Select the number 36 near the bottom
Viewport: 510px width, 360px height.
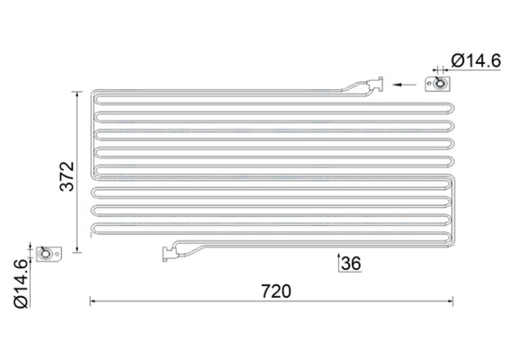(x=351, y=264)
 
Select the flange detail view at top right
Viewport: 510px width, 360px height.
(x=440, y=85)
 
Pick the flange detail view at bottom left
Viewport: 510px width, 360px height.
(x=47, y=256)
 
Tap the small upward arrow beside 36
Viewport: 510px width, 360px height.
(x=337, y=262)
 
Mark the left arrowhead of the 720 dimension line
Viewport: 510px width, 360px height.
(x=93, y=301)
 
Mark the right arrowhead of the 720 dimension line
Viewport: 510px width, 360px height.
(x=461, y=301)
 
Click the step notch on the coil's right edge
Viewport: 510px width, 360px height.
(x=457, y=178)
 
